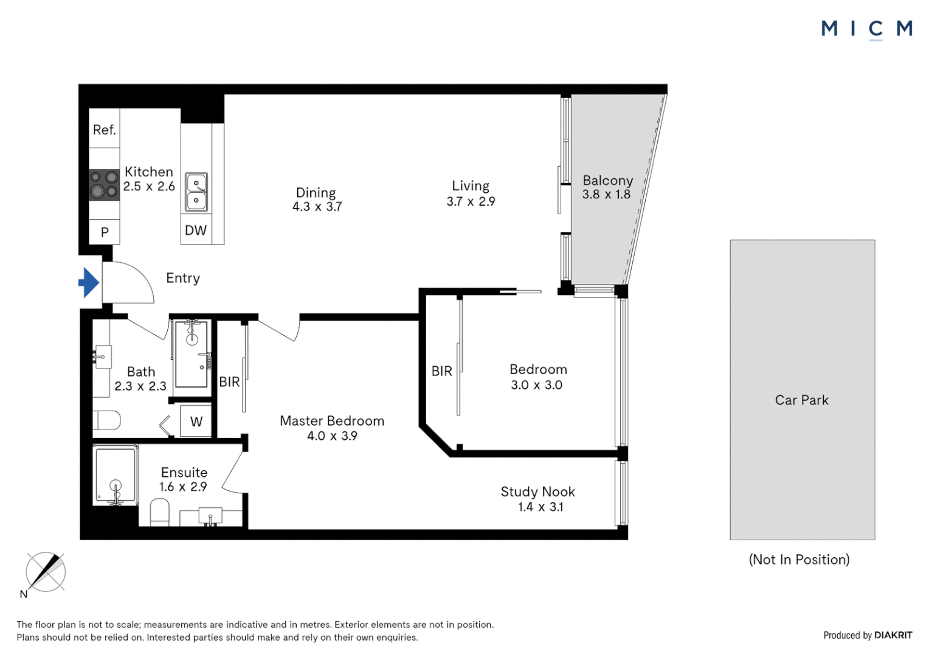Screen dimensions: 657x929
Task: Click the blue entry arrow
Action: click(89, 282)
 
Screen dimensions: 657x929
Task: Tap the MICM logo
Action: click(866, 29)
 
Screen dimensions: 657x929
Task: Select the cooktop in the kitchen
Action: click(104, 185)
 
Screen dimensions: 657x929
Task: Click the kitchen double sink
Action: click(196, 192)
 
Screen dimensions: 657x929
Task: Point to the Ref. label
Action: click(104, 130)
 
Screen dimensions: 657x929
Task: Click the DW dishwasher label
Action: click(196, 231)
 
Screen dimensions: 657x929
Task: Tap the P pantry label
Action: click(105, 232)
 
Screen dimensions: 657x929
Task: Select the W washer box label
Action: click(196, 422)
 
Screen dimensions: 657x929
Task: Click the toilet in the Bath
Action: click(108, 420)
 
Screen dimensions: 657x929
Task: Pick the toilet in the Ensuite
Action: click(159, 512)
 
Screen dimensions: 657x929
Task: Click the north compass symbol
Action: click(46, 572)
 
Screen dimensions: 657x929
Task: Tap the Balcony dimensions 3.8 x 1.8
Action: click(606, 195)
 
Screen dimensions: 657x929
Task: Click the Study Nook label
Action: click(537, 492)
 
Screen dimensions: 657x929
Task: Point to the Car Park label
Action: click(801, 400)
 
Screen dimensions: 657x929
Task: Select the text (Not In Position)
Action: click(799, 560)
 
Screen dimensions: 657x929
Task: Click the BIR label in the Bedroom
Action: click(441, 371)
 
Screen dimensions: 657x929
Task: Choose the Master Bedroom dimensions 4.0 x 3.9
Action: click(332, 436)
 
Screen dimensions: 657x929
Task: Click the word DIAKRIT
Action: click(893, 635)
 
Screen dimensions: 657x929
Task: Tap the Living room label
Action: click(470, 186)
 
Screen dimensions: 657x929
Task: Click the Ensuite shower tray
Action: click(115, 474)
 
